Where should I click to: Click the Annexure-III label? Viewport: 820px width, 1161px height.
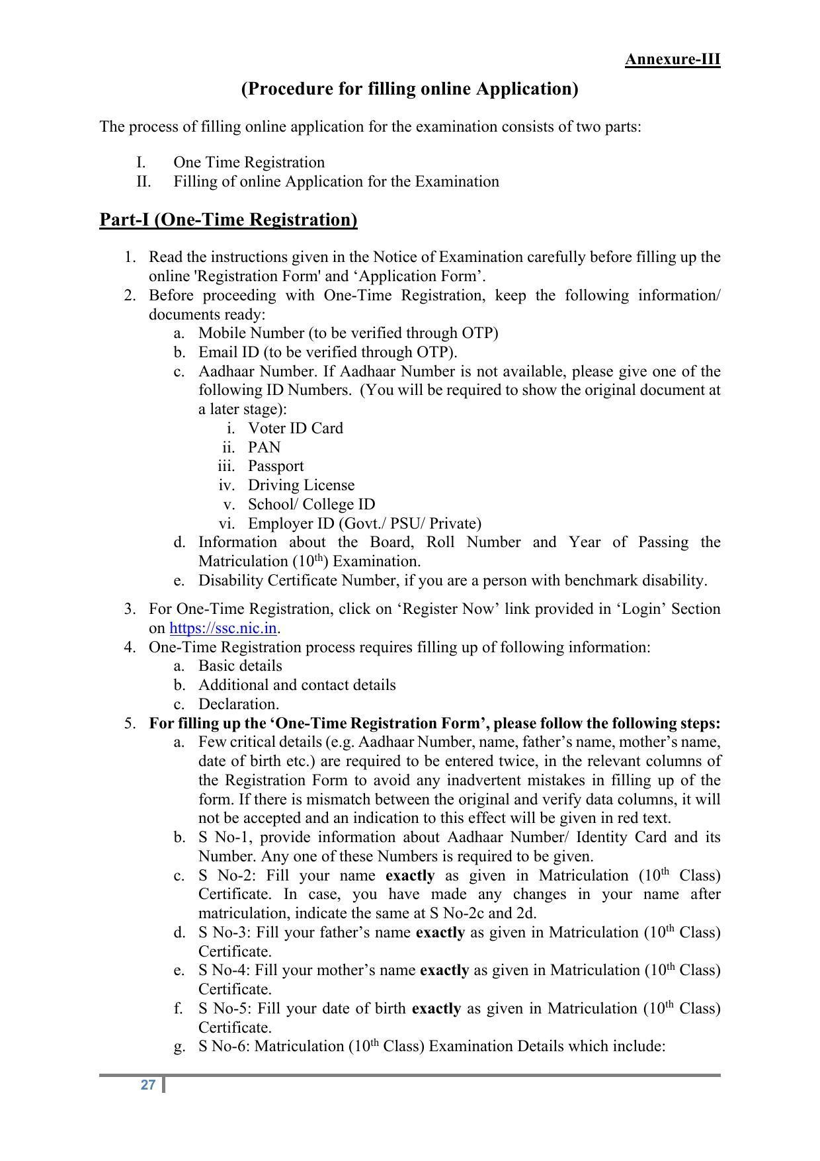(672, 60)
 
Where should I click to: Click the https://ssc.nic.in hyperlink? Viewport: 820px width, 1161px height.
(223, 628)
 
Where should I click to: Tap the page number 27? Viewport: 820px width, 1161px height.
(148, 1085)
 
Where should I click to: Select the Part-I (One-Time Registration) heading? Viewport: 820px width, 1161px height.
(228, 220)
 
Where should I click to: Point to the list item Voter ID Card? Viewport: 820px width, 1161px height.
(295, 428)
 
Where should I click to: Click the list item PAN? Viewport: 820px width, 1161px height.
(264, 447)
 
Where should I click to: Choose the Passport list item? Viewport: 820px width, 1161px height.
(276, 466)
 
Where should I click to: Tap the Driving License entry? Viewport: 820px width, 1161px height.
(301, 485)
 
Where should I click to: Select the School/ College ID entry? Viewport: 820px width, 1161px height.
(311, 504)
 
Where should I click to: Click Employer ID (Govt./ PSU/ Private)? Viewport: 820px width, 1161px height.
(364, 523)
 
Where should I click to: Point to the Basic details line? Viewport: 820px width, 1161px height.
(240, 666)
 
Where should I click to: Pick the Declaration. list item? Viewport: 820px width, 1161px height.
(238, 704)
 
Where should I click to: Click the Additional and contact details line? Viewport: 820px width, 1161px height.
(297, 685)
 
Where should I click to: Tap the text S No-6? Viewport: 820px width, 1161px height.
(224, 1046)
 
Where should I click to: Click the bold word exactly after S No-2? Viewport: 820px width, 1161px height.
(410, 875)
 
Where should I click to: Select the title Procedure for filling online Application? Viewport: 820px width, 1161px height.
(409, 89)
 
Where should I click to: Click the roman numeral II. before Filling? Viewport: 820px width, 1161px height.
(143, 181)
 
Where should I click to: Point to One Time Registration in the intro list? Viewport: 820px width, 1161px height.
(249, 162)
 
